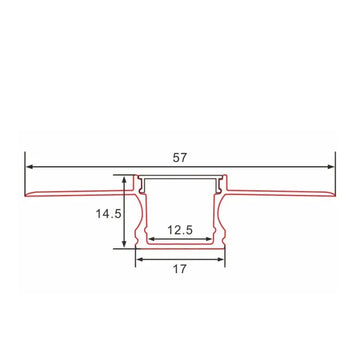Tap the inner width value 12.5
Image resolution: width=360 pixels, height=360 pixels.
(180, 231)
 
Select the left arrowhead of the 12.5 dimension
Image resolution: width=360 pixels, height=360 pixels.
(149, 241)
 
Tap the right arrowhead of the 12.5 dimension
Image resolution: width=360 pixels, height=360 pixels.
(211, 241)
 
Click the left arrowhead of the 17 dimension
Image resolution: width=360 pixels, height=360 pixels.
(138, 258)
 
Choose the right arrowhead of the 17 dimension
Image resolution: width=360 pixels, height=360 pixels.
(223, 258)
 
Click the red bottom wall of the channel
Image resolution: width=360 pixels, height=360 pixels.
(180, 248)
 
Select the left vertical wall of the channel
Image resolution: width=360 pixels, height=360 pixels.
(137, 215)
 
